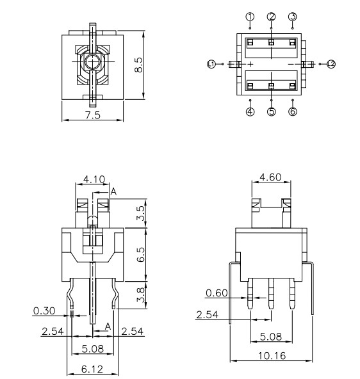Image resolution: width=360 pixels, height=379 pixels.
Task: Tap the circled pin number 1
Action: tap(250, 16)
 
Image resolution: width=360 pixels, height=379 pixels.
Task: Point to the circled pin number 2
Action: tap(271, 16)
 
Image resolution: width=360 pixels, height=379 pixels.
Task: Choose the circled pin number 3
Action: tap(292, 16)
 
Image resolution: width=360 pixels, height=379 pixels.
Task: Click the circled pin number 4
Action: tap(250, 111)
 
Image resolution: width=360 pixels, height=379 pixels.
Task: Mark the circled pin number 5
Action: tap(271, 111)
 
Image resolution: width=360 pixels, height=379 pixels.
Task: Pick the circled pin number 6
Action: tap(292, 111)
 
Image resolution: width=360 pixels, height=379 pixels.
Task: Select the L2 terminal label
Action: tap(331, 63)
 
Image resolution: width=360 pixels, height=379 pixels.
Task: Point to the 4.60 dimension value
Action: tap(269, 177)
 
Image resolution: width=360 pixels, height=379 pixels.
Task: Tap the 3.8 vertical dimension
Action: tap(141, 294)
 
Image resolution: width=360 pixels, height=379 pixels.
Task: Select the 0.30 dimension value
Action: tap(43, 310)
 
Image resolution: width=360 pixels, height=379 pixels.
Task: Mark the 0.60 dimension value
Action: tap(216, 293)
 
